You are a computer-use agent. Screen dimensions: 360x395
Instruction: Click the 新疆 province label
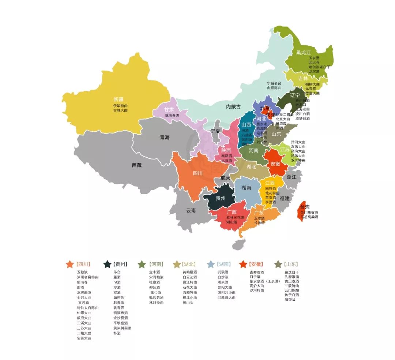click(118, 100)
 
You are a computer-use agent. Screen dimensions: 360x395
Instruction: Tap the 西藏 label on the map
click(136, 165)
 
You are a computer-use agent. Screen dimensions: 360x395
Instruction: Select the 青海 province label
click(165, 138)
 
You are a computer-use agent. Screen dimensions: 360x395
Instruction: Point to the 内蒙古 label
click(233, 107)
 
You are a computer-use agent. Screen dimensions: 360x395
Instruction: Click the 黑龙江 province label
click(303, 52)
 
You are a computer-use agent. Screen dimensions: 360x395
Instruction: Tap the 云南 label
click(191, 210)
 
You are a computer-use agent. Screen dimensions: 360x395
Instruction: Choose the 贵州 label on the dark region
click(221, 198)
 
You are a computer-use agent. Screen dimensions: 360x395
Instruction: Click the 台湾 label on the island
click(305, 207)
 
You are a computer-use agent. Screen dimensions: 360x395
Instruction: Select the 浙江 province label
click(291, 177)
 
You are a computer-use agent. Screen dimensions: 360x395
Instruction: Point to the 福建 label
click(285, 198)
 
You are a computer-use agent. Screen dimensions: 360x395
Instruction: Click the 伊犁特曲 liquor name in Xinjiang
click(120, 105)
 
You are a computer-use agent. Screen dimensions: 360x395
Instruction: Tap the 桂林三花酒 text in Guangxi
click(236, 217)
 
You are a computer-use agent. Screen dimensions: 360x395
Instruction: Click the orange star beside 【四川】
click(70, 264)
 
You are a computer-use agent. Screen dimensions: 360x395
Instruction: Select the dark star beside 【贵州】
click(108, 264)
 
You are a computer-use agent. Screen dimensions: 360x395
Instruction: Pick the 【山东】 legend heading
click(291, 264)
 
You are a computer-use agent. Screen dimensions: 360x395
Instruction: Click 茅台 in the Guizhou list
click(117, 272)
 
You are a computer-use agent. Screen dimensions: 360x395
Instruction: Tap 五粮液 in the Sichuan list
click(82, 272)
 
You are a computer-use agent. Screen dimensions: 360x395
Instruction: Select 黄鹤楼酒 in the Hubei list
click(190, 272)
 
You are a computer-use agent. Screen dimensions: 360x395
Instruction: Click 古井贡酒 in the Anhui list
click(257, 272)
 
